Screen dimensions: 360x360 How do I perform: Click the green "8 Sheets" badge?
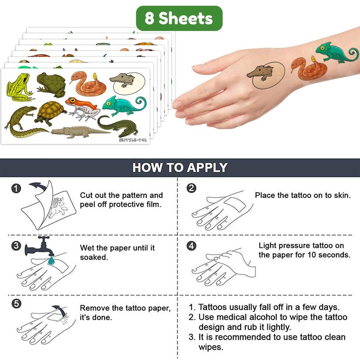pyautogui.click(x=179, y=18)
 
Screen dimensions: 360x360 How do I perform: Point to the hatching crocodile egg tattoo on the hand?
pyautogui.click(x=266, y=75)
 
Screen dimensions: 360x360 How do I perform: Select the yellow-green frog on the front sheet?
pyautogui.click(x=19, y=87)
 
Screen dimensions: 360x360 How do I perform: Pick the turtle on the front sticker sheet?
pyautogui.click(x=50, y=113)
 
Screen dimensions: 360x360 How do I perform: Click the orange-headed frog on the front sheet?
pyautogui.click(x=83, y=108)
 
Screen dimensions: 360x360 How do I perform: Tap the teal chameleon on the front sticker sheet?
pyautogui.click(x=124, y=106)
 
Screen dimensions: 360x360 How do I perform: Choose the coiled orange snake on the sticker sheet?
pyautogui.click(x=88, y=83)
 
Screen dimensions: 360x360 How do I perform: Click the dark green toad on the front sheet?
pyautogui.click(x=51, y=85)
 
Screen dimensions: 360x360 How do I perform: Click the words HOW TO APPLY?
pyautogui.click(x=180, y=167)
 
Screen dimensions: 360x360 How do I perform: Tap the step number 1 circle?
pyautogui.click(x=16, y=189)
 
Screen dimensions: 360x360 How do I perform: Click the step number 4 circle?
pyautogui.click(x=192, y=246)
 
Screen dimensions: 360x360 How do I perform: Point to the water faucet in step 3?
pyautogui.click(x=40, y=246)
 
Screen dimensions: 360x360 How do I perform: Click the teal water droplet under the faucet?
pyautogui.click(x=51, y=261)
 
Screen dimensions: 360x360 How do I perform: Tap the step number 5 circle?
pyautogui.click(x=16, y=304)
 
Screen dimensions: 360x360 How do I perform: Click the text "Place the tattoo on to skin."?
pyautogui.click(x=303, y=195)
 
